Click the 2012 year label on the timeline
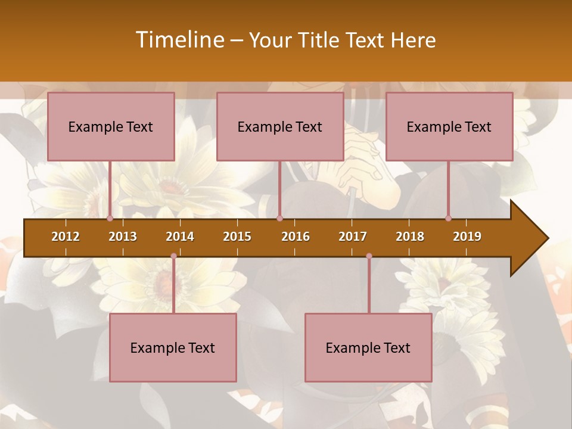tap(66, 237)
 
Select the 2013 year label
tap(123, 237)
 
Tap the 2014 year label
tap(180, 237)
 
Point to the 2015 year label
tap(237, 237)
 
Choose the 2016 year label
tap(296, 237)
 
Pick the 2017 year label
tap(353, 237)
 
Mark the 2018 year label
tap(410, 237)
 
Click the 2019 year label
tap(467, 237)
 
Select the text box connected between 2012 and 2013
tap(111, 126)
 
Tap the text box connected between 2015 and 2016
tap(280, 126)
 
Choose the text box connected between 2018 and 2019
tap(449, 126)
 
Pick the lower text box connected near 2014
tap(173, 347)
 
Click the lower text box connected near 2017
tap(368, 347)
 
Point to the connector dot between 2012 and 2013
tap(110, 218)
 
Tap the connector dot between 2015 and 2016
tap(279, 218)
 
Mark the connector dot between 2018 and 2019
tap(448, 218)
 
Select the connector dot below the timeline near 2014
tap(173, 256)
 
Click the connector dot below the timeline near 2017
tap(369, 256)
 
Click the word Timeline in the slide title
tap(179, 40)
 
